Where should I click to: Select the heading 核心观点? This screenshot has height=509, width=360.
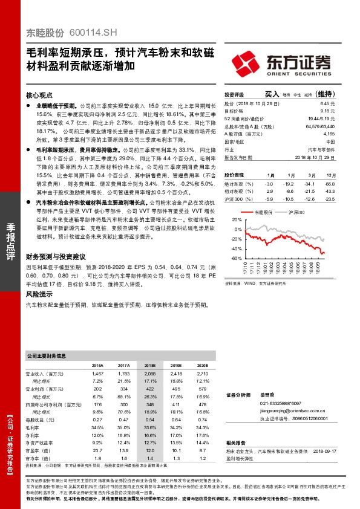click(x=41, y=96)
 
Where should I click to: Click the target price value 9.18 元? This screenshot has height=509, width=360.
click(x=328, y=111)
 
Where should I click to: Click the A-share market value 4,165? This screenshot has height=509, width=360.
click(x=329, y=134)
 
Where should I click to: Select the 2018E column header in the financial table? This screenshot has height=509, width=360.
click(x=149, y=366)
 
